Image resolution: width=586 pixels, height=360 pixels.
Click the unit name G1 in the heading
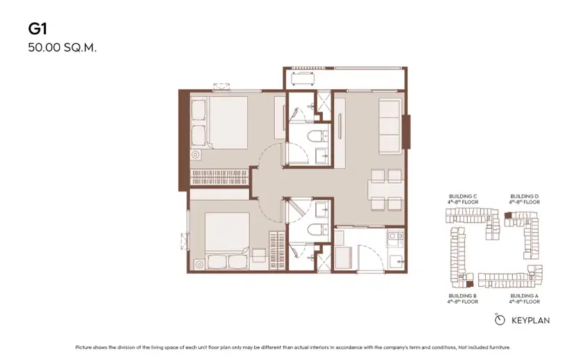38,29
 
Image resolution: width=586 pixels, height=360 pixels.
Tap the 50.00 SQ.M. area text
62,48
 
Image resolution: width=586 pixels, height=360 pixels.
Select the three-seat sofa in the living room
390,126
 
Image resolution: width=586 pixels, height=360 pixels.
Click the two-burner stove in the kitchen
395,240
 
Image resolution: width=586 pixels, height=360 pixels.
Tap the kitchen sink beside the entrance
396,261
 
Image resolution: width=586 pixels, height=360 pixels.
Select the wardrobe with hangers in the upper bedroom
220,177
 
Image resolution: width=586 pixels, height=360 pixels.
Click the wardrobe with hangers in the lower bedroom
277,251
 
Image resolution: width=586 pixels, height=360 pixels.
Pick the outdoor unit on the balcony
303,79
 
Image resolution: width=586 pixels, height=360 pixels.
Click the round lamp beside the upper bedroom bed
195,155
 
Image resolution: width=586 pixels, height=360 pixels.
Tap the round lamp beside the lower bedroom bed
199,265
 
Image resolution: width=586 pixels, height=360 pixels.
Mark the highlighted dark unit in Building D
508,215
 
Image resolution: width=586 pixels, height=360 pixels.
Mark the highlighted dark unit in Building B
469,284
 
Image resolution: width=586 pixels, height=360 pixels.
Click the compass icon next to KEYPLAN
500,320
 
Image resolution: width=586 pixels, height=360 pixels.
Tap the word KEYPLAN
531,320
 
